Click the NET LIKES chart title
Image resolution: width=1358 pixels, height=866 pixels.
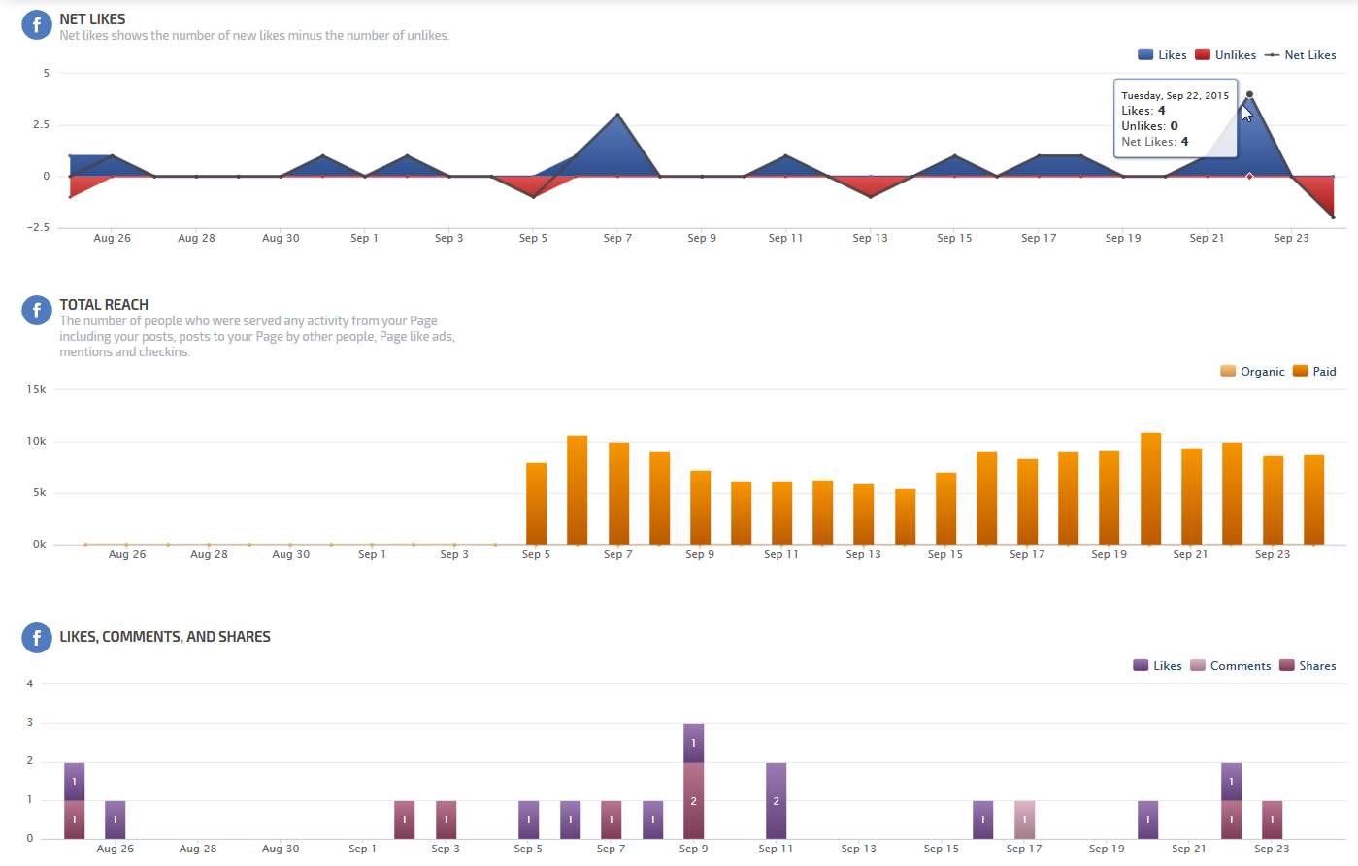click(x=92, y=18)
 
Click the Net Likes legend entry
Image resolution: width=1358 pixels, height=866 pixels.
click(x=1301, y=55)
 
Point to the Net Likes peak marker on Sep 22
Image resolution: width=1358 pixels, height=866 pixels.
click(x=1249, y=94)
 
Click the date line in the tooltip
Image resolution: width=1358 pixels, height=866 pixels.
click(x=1175, y=95)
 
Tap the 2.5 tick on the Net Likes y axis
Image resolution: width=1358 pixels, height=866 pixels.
click(x=41, y=124)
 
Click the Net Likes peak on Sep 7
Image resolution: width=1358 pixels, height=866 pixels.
click(x=617, y=115)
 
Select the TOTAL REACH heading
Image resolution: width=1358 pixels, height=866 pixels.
click(x=104, y=304)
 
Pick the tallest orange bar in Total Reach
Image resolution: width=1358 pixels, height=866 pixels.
click(x=1150, y=488)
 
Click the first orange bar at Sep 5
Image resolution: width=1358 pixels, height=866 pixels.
click(x=536, y=503)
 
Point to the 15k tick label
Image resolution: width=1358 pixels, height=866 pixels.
click(x=37, y=389)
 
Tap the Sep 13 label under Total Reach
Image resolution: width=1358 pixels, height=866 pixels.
click(x=863, y=554)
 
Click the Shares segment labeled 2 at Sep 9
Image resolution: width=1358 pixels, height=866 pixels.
click(x=693, y=800)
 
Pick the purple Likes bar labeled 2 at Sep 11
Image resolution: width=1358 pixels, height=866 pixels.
click(x=776, y=800)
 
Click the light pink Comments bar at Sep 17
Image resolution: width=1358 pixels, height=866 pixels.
click(x=1024, y=819)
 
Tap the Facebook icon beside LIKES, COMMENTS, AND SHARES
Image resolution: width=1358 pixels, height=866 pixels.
click(x=36, y=637)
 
